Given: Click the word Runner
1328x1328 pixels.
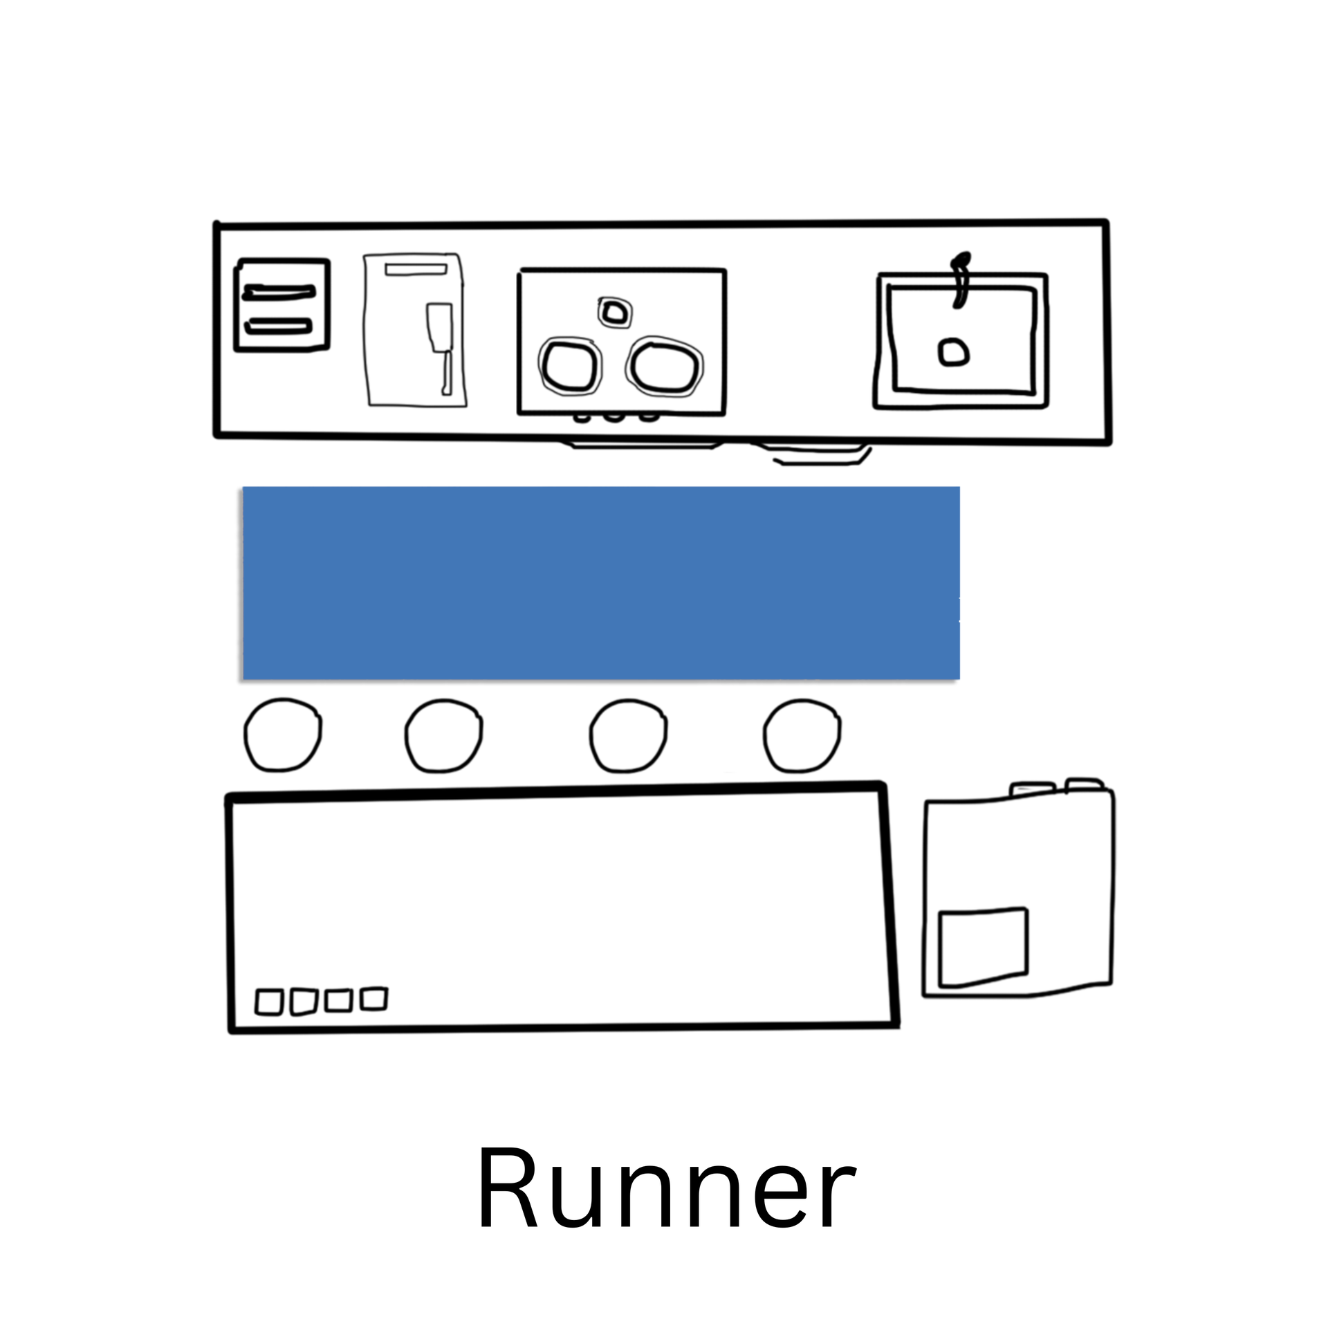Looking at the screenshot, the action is [665, 1187].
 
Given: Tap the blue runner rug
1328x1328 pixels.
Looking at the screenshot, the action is [601, 582].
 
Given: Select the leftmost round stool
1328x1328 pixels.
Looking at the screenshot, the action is [282, 735].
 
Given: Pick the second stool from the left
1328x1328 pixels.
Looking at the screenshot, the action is [443, 735].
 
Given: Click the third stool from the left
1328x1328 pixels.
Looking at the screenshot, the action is [628, 735].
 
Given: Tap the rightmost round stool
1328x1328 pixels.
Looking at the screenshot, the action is [802, 735].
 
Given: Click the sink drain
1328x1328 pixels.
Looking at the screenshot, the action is [953, 352].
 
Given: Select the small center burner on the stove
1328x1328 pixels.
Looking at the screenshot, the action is [614, 313].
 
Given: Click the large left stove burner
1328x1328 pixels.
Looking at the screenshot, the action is [569, 366].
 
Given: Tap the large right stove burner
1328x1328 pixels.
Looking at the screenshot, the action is [665, 367].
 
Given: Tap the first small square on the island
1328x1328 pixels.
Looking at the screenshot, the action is [269, 1002].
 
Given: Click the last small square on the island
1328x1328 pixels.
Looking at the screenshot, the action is [373, 998].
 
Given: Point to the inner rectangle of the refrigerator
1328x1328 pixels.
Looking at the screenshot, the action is [983, 947].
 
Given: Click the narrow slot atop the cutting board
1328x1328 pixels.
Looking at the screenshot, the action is [416, 269].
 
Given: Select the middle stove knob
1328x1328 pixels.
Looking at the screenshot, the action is [611, 417].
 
